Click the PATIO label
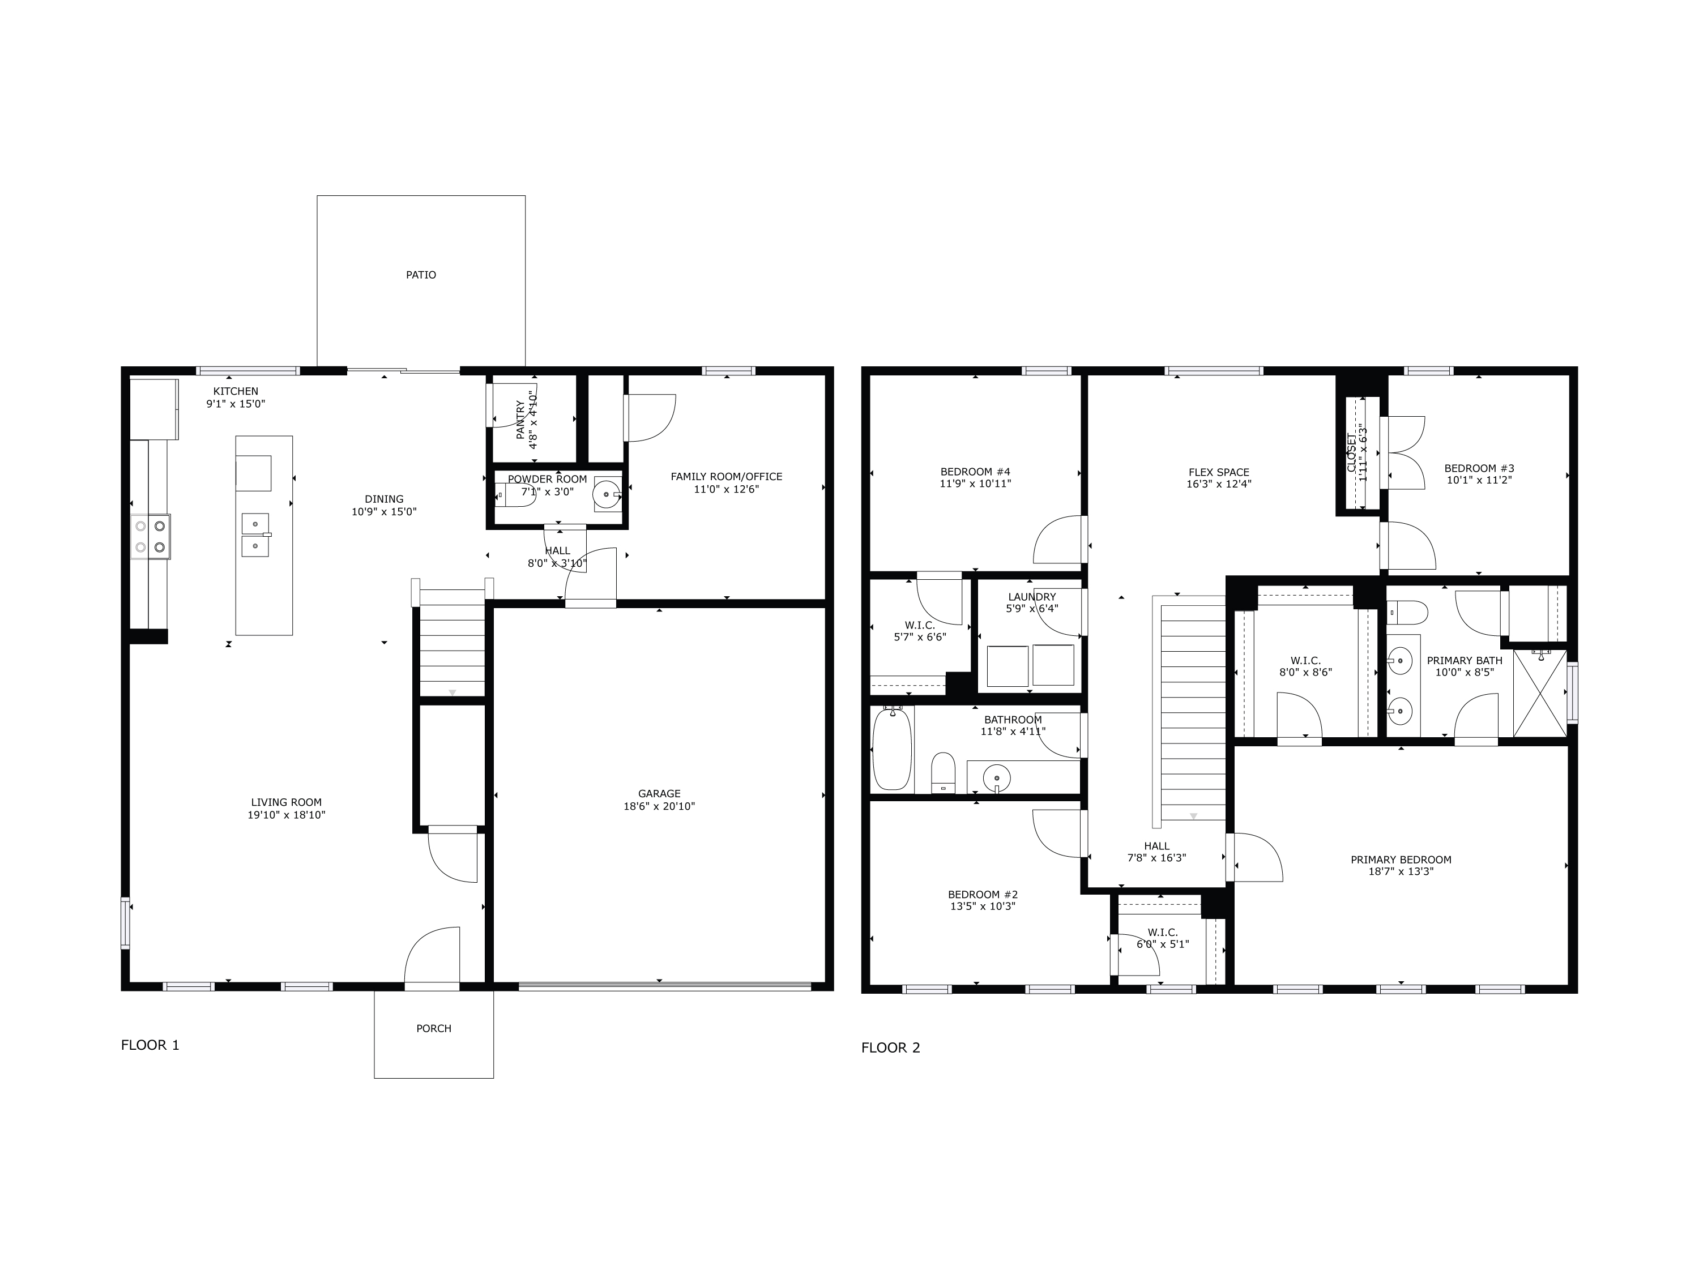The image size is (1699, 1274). (421, 275)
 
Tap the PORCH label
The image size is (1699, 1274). (434, 1028)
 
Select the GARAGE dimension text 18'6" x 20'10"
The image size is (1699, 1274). (659, 806)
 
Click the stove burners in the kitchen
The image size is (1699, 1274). (151, 537)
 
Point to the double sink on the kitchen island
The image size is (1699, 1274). (255, 535)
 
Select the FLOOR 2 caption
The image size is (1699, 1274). (890, 1048)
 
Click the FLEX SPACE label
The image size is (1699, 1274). (1219, 472)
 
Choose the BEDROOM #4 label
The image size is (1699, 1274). (975, 472)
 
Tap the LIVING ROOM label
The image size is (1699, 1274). (286, 802)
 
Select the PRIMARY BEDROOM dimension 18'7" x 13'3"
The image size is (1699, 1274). (1401, 871)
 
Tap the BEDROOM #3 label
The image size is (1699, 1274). (1479, 468)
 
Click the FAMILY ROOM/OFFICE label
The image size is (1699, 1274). (726, 477)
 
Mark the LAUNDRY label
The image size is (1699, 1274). (1031, 597)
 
